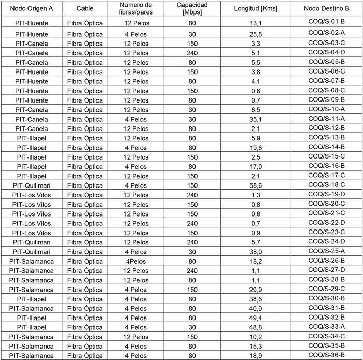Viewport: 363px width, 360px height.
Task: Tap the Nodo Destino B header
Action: point(326,8)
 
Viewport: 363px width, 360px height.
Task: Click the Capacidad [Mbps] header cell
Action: point(192,8)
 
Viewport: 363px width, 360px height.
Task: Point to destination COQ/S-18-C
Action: point(326,184)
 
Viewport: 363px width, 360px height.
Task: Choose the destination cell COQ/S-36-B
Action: point(326,355)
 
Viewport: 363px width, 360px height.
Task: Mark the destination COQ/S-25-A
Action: point(326,251)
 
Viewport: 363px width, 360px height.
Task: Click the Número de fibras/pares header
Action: point(136,8)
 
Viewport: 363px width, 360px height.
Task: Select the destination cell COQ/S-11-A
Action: point(326,118)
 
